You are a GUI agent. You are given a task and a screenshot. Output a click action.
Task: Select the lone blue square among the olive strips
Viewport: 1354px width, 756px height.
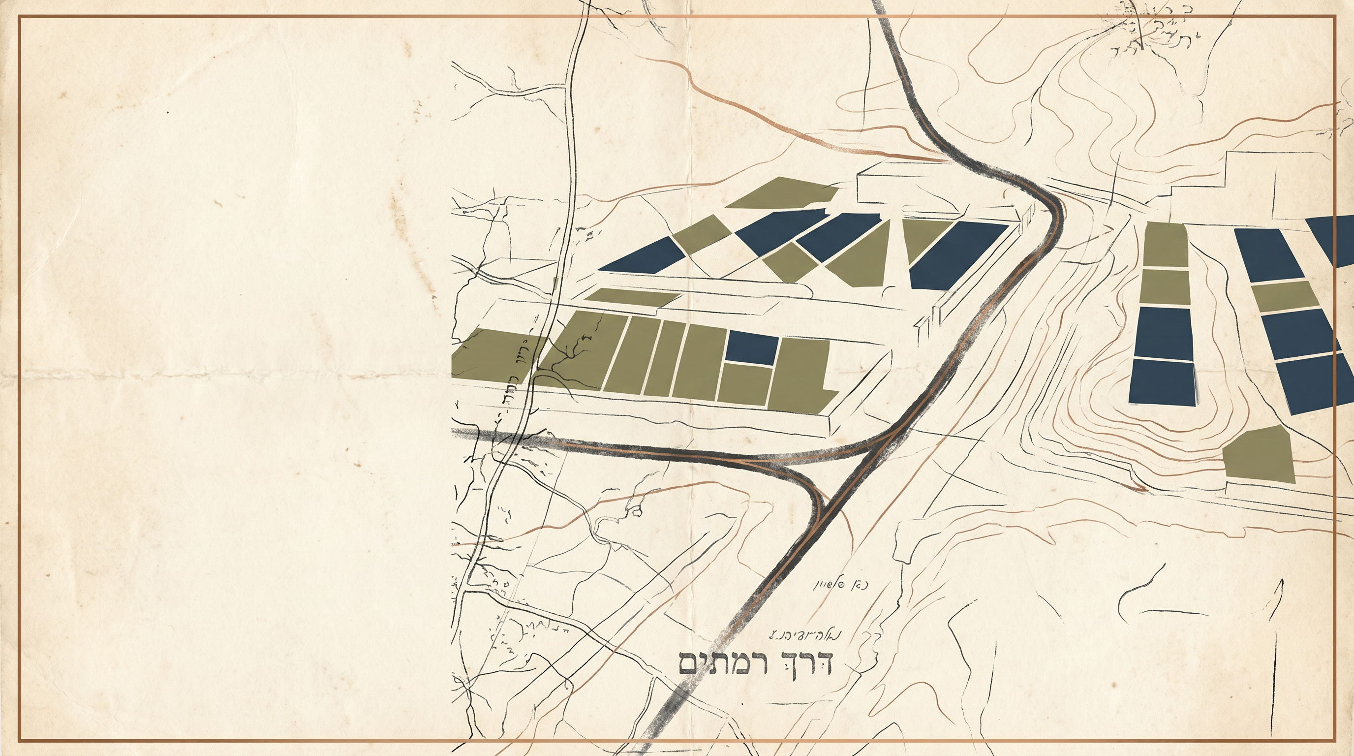[752, 347]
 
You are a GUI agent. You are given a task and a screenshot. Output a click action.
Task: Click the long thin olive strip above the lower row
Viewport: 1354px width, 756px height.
[631, 296]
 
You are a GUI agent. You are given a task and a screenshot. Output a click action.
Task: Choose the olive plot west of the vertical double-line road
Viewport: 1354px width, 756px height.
[489, 354]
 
